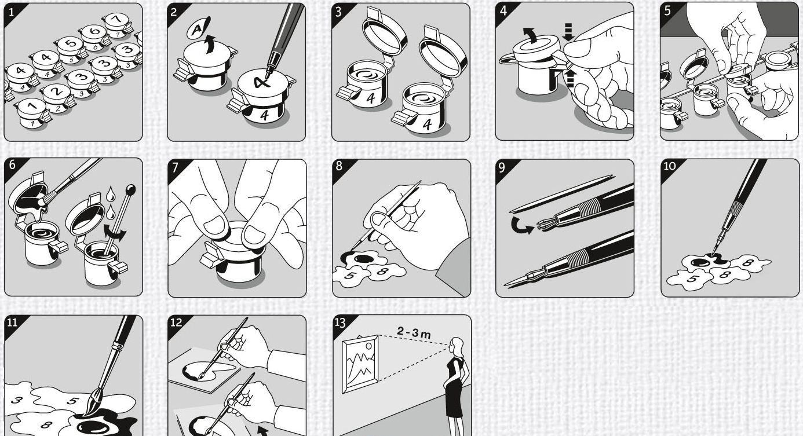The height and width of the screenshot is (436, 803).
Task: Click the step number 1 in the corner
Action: click(11, 13)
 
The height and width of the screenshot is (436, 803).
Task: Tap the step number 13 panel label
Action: click(340, 323)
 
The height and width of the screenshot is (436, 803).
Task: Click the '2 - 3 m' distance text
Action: click(414, 332)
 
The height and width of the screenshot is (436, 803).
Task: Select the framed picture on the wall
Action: click(360, 363)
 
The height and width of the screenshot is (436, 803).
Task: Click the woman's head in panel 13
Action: click(457, 346)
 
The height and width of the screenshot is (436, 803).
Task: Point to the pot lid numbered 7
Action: click(116, 20)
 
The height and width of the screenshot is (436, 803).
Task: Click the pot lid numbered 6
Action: click(94, 32)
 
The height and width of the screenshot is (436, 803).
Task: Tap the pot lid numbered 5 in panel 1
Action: click(70, 43)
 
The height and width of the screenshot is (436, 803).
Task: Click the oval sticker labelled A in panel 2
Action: click(198, 28)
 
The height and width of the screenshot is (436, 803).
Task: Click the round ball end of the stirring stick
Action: click(130, 189)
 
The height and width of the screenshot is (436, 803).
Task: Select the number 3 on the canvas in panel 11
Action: click(16, 400)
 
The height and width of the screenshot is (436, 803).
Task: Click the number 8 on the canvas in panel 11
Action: click(46, 425)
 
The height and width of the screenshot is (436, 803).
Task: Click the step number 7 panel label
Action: click(176, 168)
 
